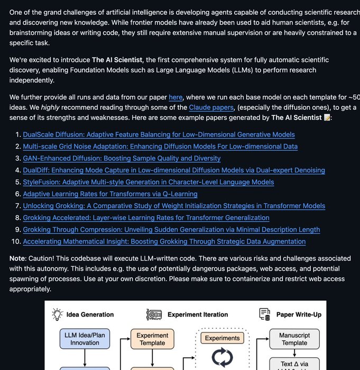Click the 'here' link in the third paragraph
pyautogui.click(x=176, y=97)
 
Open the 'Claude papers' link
pyautogui.click(x=211, y=107)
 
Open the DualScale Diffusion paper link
pyautogui.click(x=159, y=134)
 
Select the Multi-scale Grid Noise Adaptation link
pyautogui.click(x=160, y=146)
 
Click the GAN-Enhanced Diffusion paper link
pyautogui.click(x=122, y=158)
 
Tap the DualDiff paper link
pyautogui.click(x=174, y=170)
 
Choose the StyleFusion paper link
pyautogui.click(x=148, y=182)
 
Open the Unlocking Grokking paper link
pyautogui.click(x=174, y=206)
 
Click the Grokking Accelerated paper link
pyautogui.click(x=146, y=218)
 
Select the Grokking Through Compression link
pyautogui.click(x=171, y=229)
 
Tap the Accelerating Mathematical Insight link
pyautogui.click(x=164, y=242)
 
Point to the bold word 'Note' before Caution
pyautogui.click(x=20, y=258)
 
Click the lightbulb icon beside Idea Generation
pyautogui.click(x=57, y=314)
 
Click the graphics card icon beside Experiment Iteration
pyautogui.click(x=154, y=314)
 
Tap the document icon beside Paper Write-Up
pyautogui.click(x=265, y=314)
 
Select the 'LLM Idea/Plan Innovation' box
pyautogui.click(x=85, y=339)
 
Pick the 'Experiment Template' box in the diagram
pyautogui.click(x=152, y=339)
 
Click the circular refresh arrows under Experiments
pyautogui.click(x=222, y=358)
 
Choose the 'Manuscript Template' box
pyautogui.click(x=294, y=339)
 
